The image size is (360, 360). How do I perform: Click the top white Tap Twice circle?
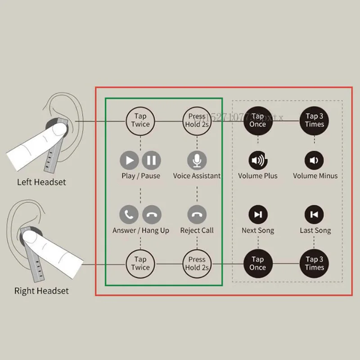pos(140,120)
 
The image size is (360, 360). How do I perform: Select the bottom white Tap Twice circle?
pos(140,263)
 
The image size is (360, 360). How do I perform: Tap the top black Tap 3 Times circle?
pos(314,120)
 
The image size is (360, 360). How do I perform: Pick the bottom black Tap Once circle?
pos(257,263)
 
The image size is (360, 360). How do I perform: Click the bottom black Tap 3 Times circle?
pos(314,263)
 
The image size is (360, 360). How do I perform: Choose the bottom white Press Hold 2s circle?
pos(197,263)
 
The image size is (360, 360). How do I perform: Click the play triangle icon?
pos(130,160)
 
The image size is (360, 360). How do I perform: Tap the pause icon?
pos(152,160)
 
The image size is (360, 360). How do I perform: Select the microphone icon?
pos(197,160)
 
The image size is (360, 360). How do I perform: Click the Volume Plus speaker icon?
pos(257,160)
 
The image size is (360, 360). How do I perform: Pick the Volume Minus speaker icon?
pos(314,160)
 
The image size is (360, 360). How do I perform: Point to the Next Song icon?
pos(257,215)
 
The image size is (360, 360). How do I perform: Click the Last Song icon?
pos(314,215)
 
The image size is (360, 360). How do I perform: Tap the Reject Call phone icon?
pos(197,215)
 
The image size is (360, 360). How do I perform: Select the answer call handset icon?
pos(130,215)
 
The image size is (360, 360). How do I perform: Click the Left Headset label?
pos(41,182)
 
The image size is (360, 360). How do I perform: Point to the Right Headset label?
pos(41,291)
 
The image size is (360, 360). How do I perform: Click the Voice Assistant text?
pos(197,176)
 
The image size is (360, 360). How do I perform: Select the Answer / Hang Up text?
pos(141,230)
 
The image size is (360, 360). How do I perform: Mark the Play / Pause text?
pos(141,176)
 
